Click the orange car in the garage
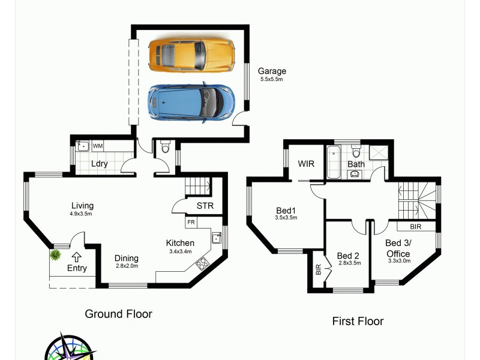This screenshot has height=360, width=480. pyautogui.click(x=191, y=55)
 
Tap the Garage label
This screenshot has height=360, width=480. pyautogui.click(x=272, y=71)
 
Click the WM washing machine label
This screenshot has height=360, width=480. pyautogui.click(x=97, y=146)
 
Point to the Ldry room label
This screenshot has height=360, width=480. pyautogui.click(x=99, y=164)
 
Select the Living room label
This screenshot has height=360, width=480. pyautogui.click(x=82, y=206)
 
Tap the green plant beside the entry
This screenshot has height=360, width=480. pyautogui.click(x=55, y=255)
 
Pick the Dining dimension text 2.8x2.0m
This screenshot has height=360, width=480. pyautogui.click(x=127, y=266)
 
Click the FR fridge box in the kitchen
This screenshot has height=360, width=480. pyautogui.click(x=191, y=222)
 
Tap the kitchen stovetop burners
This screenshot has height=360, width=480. pyautogui.click(x=203, y=262)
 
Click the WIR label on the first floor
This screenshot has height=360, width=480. pyautogui.click(x=307, y=164)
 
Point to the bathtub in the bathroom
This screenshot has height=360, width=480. pyautogui.click(x=334, y=163)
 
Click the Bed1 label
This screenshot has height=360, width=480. pyautogui.click(x=286, y=210)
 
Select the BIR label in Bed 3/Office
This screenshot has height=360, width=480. pyautogui.click(x=415, y=227)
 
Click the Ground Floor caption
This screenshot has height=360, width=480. pyautogui.click(x=118, y=314)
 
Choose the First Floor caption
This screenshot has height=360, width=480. pyautogui.click(x=358, y=321)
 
